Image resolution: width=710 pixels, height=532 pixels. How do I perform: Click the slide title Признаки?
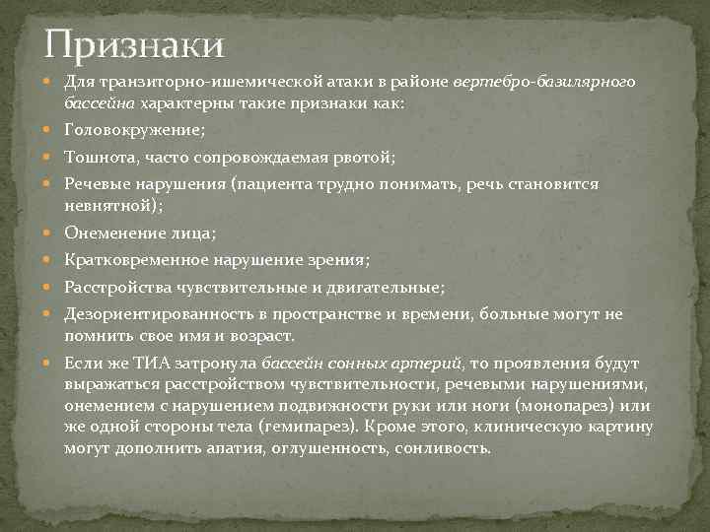135,43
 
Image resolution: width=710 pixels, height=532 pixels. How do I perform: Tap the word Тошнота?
99,157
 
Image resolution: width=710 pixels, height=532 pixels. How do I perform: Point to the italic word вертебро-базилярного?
545,81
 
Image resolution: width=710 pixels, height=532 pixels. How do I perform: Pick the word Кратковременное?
132,260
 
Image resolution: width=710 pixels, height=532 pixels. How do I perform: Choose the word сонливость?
442,448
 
